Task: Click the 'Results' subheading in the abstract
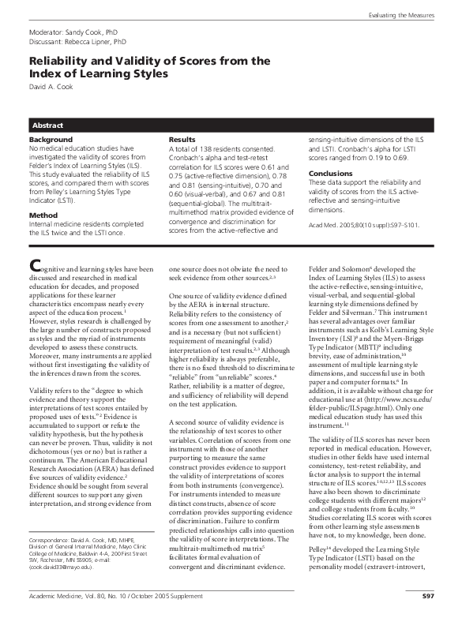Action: (x=205, y=140)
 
